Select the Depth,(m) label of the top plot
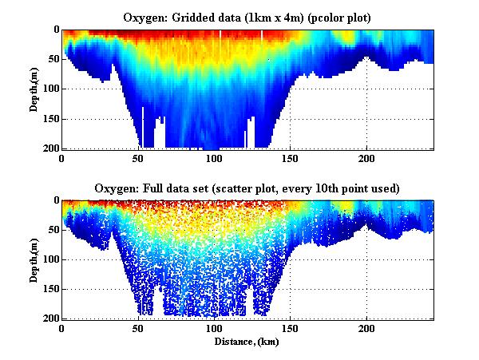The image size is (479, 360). click(x=35, y=89)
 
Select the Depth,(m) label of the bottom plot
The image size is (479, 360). click(x=35, y=259)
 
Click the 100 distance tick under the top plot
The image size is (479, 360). click(x=214, y=158)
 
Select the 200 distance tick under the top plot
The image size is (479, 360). click(x=366, y=158)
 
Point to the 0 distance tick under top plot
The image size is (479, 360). click(x=62, y=158)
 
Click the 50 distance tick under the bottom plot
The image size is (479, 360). click(x=138, y=328)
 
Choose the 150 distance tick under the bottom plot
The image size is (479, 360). click(x=291, y=328)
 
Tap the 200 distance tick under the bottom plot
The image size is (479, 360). click(x=366, y=328)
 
